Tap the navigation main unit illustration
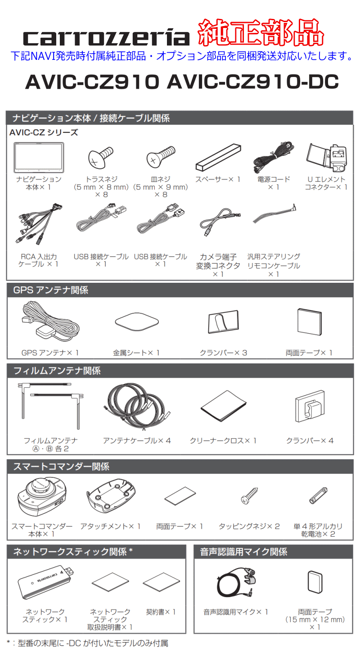(x=39, y=158)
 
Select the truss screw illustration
(x=99, y=158)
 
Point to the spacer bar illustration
(x=217, y=157)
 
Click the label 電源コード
(x=274, y=179)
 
